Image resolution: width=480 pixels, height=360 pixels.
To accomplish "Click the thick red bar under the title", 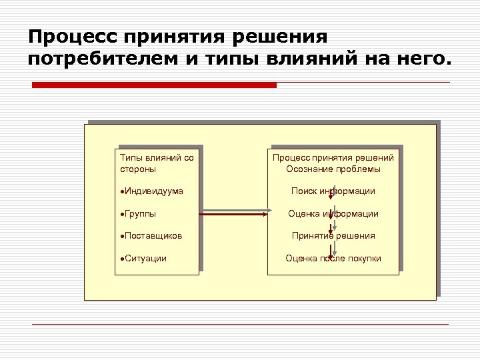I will tap(154, 85).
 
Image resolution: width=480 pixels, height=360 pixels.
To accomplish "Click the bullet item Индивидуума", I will tap(153, 191).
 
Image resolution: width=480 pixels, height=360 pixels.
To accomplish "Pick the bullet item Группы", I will tap(139, 214).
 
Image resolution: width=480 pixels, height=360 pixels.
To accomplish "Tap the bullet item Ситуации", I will tap(145, 258).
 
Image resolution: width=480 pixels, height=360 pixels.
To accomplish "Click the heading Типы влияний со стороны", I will tap(157, 163).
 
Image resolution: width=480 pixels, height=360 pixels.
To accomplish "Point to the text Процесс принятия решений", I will tap(333, 158).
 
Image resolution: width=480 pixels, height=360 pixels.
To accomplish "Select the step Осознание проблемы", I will tap(333, 169).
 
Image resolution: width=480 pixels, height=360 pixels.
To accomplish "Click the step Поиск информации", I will tap(333, 191).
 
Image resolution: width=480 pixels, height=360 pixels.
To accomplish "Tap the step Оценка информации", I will tap(333, 214).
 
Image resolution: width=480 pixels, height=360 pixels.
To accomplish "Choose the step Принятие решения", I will tap(333, 236).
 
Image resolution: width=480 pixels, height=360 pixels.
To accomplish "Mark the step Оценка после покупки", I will tap(333, 258).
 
